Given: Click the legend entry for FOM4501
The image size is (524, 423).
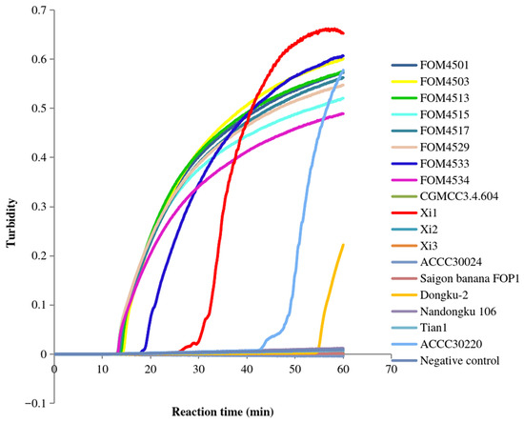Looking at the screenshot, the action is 430,65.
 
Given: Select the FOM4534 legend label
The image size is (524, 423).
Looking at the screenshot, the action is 430,180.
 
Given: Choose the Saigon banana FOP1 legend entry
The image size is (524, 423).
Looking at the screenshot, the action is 455,278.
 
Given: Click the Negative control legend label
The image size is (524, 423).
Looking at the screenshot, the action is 460,361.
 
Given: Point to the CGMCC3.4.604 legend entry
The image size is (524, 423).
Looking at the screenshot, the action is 445,196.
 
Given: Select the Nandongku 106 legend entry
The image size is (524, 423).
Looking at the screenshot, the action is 444,312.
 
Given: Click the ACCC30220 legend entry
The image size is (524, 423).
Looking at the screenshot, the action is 436,344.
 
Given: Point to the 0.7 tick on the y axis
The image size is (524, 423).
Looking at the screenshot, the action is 40,10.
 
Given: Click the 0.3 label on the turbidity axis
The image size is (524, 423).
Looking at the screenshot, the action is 40,207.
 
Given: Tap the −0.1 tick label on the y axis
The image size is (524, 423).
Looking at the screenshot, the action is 37,403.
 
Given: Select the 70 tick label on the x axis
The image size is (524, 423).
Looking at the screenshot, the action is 392,370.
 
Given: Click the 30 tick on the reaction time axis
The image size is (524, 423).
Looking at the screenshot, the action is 198,370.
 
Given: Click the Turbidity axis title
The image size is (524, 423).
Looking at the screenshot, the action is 11,223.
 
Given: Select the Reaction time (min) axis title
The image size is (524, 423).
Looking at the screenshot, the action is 223,412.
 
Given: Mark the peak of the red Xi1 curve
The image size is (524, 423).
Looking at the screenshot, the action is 328,30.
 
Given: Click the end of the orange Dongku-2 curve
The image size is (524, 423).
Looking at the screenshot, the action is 343,245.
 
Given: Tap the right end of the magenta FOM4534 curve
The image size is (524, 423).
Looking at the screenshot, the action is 343,113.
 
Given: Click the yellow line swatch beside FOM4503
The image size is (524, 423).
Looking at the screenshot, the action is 404,82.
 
